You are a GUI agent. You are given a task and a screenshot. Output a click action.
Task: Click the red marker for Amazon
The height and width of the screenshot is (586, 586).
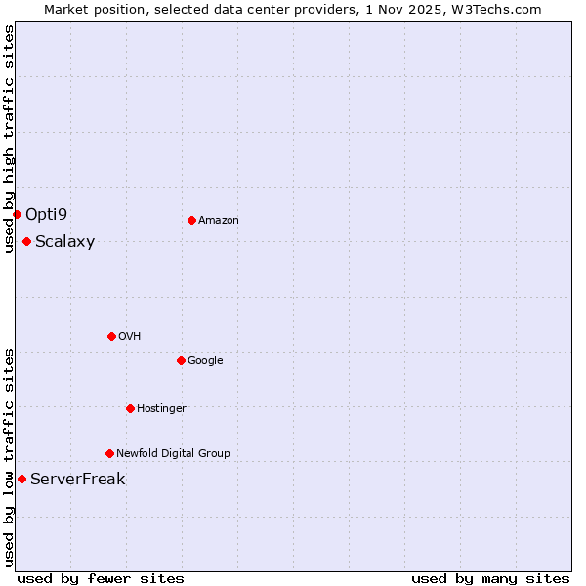[191, 220]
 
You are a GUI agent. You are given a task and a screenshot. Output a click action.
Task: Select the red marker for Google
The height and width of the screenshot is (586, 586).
[181, 360]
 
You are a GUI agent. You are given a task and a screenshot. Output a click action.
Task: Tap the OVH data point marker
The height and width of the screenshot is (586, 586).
[111, 336]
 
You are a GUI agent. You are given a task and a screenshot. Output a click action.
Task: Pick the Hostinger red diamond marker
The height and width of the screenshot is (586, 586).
[130, 408]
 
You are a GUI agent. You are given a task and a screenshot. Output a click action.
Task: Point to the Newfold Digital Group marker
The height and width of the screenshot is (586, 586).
[109, 453]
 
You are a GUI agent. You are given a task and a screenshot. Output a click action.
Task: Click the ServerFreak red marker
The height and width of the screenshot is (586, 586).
[21, 479]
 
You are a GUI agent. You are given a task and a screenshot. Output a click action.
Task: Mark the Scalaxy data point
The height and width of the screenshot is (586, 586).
[26, 241]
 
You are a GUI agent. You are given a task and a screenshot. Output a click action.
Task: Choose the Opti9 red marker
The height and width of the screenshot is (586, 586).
[17, 214]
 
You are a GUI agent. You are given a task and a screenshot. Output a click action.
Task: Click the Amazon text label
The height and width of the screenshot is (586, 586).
[219, 221]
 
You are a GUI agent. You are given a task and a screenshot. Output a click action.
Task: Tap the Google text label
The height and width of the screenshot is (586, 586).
[205, 361]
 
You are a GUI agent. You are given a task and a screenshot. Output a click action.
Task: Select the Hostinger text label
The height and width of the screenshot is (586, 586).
[161, 409]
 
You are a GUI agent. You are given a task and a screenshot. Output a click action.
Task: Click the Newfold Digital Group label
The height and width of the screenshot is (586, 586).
[173, 454]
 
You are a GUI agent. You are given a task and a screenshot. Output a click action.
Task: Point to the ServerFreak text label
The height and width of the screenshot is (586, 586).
[77, 480]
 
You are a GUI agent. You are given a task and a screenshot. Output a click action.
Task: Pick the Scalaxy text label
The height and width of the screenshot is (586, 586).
[64, 242]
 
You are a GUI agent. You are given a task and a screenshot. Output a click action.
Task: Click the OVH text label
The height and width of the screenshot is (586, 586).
[129, 337]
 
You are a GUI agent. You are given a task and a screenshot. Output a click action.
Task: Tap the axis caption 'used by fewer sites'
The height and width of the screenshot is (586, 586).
[101, 579]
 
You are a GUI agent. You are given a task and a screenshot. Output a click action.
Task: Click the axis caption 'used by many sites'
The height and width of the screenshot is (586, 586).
[490, 579]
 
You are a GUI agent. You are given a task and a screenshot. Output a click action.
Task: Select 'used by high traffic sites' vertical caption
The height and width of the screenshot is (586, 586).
[9, 139]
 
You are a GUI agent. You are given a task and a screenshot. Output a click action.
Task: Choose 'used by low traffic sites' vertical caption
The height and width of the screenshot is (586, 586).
[9, 456]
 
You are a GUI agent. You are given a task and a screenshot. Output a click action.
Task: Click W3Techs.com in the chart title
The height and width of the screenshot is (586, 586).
[501, 9]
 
